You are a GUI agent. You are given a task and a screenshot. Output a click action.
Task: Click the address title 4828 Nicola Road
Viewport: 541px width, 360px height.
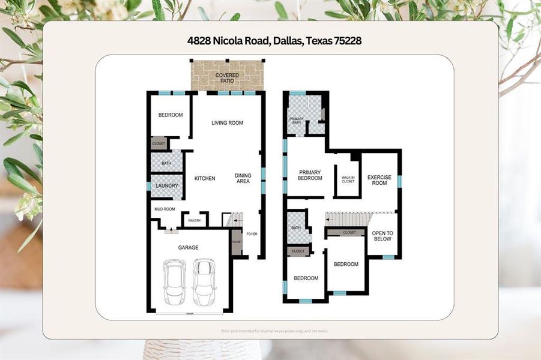(x=274, y=41)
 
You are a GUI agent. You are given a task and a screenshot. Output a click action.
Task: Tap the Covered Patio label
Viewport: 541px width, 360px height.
(x=228, y=79)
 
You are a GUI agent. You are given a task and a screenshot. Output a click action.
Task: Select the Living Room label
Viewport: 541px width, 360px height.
(x=227, y=123)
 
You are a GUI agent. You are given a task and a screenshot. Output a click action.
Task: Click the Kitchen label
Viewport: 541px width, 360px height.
(x=205, y=178)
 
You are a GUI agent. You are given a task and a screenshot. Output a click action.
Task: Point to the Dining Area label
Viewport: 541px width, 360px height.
(x=243, y=178)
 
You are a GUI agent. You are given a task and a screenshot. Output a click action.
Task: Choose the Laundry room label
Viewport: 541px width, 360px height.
(x=166, y=186)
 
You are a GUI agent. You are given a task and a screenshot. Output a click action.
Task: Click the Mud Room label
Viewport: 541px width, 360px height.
(x=164, y=209)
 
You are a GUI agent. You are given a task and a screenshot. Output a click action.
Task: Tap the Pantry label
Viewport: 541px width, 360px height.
(x=195, y=221)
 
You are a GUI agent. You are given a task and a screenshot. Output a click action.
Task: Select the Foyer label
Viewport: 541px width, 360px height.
(x=252, y=234)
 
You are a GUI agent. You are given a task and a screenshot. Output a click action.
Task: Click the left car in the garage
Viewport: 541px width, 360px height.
(x=174, y=282)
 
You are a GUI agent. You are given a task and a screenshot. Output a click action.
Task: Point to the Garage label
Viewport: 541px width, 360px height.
(x=188, y=247)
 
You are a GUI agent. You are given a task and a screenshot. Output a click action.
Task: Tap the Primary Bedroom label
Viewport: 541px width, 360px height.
(x=310, y=175)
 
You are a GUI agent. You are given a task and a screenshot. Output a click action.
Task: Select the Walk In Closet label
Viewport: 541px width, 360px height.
(x=348, y=179)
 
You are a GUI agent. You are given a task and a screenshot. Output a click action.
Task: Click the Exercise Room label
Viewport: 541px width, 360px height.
(x=379, y=180)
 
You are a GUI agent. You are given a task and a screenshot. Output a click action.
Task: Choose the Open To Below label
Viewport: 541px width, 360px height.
(x=382, y=236)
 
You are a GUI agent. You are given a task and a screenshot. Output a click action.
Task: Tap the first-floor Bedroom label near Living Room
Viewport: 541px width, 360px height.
(x=171, y=115)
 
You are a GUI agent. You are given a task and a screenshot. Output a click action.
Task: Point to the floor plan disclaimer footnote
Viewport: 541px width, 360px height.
(x=274, y=331)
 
